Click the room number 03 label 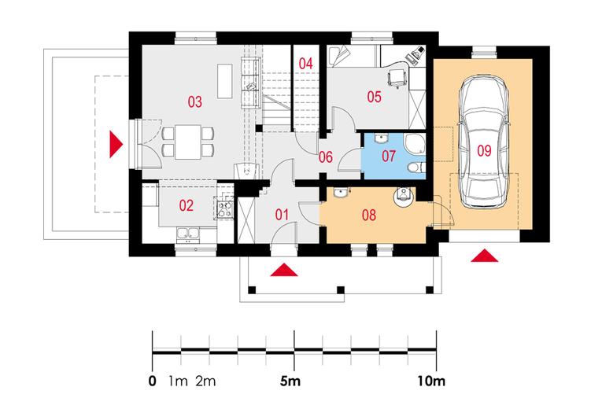click(194, 101)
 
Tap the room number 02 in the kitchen click(186, 206)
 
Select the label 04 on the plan click(306, 63)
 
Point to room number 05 click(373, 98)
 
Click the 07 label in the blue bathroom click(389, 156)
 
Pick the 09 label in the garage click(483, 149)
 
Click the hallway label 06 click(325, 157)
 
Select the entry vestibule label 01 click(283, 213)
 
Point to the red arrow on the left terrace click(116, 143)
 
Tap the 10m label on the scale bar click(430, 383)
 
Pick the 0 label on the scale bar click(152, 383)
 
